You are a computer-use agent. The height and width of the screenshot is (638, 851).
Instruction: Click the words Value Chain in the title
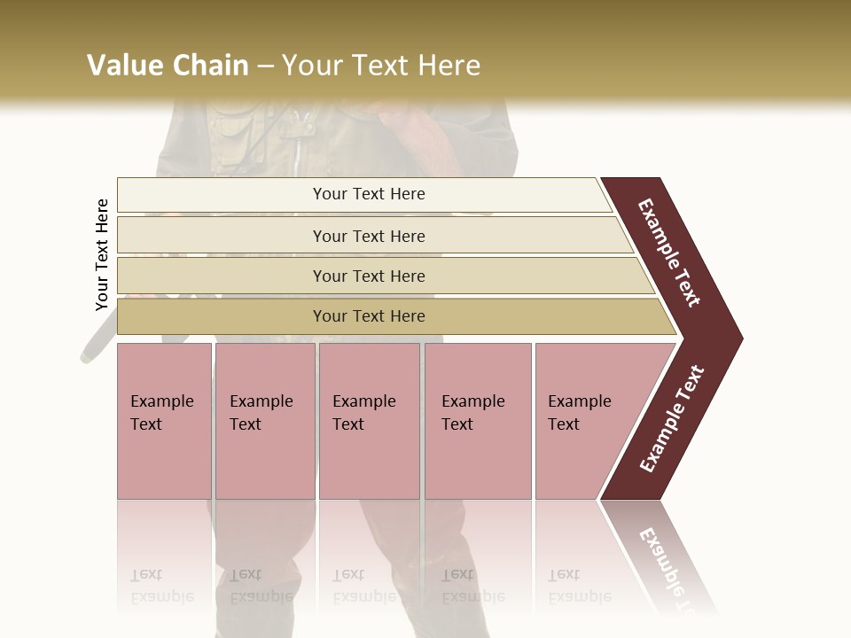coord(168,66)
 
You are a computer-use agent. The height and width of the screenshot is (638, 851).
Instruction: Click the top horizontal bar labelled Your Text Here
coord(222,195)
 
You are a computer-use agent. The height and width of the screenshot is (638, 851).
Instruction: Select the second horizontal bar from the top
coord(222,236)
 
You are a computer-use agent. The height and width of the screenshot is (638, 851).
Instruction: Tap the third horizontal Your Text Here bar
coord(222,276)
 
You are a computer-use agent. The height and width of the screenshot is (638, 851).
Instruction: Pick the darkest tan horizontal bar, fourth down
coord(222,316)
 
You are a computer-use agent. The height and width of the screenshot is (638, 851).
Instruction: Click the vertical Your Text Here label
coord(102,254)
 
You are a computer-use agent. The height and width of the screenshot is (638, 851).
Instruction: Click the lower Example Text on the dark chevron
coord(672,418)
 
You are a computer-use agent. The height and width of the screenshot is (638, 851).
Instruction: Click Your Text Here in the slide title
coord(381,66)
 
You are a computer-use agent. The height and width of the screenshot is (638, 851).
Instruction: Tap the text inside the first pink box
coord(161,413)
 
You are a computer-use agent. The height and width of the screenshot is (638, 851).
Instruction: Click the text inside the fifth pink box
coord(579,413)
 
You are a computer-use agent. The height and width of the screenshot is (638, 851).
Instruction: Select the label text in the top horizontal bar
coord(369,194)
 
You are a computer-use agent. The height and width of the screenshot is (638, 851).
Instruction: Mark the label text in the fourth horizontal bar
coord(369,316)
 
